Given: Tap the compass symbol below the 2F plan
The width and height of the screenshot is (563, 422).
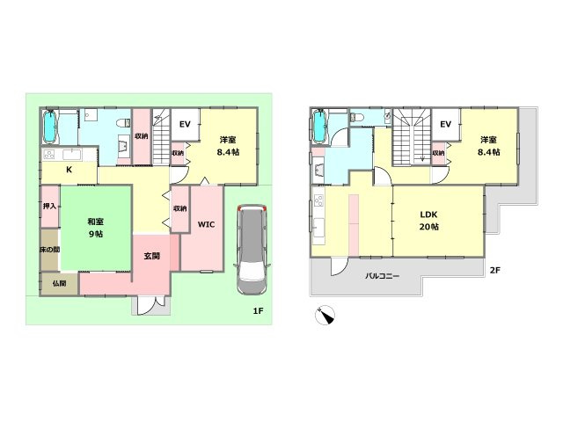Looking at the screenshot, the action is tap(325, 316).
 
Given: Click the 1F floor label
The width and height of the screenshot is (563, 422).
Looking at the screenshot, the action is tap(258, 310).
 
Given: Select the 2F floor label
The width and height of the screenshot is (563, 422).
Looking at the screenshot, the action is tap(494, 270).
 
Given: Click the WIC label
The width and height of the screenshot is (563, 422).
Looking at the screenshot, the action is tap(206, 225).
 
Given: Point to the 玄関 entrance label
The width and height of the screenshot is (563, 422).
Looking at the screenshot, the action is tap(151, 256).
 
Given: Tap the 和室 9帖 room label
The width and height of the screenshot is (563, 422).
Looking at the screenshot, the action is tap(96, 228).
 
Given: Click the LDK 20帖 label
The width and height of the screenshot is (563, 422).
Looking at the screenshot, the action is tap(428, 221).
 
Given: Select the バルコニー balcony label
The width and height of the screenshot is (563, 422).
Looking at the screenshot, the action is tap(382, 276).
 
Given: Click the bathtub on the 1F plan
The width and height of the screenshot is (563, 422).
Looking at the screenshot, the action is tap(50, 127).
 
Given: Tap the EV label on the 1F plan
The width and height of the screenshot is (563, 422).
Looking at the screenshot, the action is tap(185, 125).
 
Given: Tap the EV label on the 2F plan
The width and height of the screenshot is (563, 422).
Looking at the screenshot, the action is tap(445, 125).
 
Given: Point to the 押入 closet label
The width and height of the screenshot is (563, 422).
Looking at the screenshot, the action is tap(49, 206).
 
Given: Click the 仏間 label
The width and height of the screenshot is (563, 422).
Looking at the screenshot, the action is tap(59, 283).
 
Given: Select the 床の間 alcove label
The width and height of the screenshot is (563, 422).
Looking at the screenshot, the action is tap(49, 250).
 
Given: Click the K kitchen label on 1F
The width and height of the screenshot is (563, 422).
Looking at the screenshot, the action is tap(69, 170).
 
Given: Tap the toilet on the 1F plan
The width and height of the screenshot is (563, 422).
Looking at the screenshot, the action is tap(123, 123).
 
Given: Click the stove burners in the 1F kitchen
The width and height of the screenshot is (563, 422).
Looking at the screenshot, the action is tap(49, 155).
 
